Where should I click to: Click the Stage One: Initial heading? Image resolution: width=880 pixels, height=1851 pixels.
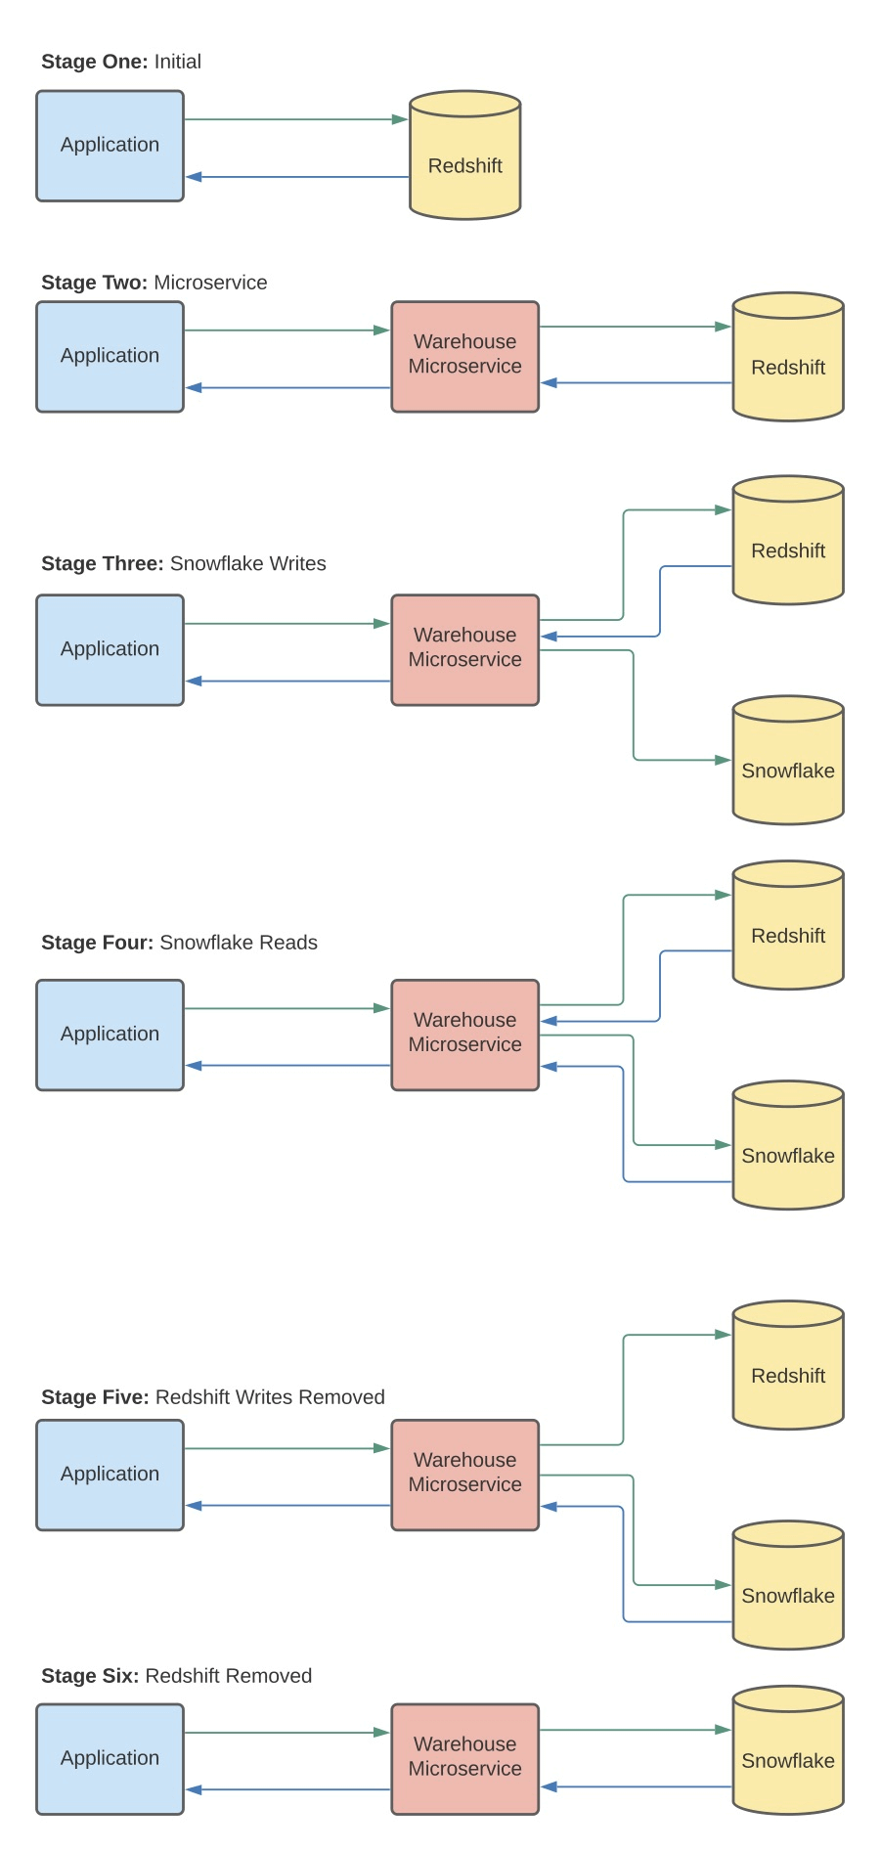[121, 62]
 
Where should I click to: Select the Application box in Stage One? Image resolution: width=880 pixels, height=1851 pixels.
[110, 146]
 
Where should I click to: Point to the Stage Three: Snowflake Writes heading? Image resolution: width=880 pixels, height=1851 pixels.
[184, 563]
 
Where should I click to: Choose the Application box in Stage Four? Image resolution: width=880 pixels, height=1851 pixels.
[110, 1035]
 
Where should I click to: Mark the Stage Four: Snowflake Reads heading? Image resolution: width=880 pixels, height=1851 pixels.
[179, 943]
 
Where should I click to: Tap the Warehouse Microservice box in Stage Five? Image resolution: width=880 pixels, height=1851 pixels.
[464, 1475]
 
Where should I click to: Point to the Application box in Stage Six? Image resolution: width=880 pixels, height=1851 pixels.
[110, 1759]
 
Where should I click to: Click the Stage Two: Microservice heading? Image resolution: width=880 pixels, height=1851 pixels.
[154, 283]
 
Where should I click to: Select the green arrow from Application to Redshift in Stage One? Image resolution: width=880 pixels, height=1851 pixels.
[293, 119]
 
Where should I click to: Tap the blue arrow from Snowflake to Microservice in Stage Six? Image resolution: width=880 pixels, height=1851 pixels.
[636, 1786]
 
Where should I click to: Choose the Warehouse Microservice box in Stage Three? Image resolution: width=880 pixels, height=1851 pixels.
[464, 649]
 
